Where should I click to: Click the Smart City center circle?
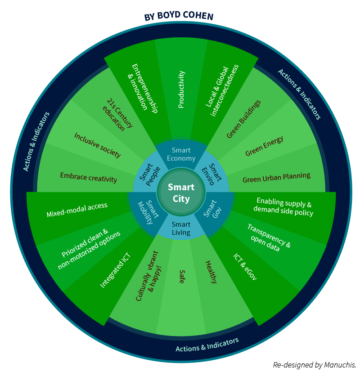(181, 192)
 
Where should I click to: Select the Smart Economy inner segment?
(181, 154)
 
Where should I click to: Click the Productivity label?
(181, 90)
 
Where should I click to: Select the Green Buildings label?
(243, 119)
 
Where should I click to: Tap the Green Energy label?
(264, 146)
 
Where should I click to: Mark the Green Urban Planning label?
(276, 178)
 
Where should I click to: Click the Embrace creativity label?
(89, 178)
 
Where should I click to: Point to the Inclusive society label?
(98, 145)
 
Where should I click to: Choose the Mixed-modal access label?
(77, 210)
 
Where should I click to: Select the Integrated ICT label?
(115, 270)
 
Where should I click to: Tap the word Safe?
(182, 276)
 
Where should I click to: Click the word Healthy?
(211, 272)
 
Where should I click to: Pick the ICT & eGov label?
(245, 267)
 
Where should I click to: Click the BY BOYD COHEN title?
(179, 16)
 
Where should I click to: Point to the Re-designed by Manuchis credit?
(315, 365)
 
